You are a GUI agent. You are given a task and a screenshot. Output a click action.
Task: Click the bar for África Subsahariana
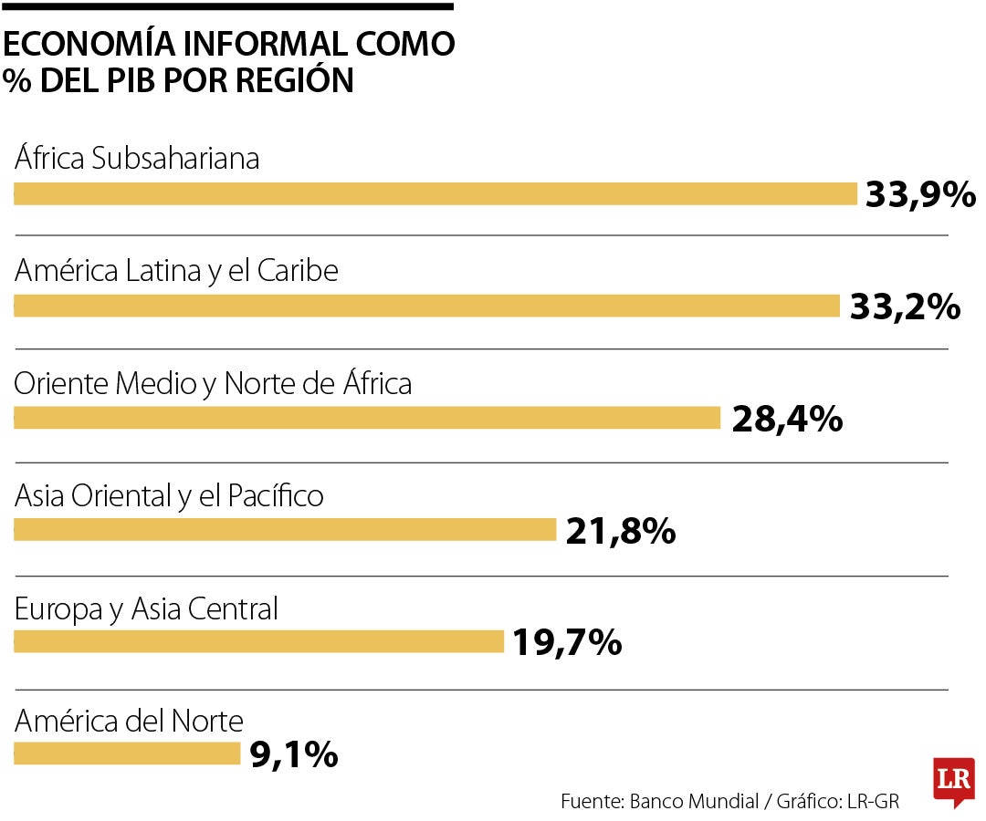[435, 194]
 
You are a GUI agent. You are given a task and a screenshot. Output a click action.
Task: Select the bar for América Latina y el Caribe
[426, 307]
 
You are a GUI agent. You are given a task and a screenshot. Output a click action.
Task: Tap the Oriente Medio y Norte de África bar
[367, 418]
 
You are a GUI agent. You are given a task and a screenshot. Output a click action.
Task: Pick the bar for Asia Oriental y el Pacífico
[285, 530]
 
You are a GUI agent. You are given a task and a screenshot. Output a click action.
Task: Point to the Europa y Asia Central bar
[258, 642]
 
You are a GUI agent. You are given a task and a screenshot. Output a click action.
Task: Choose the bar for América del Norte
[127, 753]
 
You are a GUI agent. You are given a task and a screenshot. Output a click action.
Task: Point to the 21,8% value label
[621, 531]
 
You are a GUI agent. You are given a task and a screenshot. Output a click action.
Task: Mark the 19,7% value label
[567, 643]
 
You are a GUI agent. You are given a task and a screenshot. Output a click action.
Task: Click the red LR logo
[953, 781]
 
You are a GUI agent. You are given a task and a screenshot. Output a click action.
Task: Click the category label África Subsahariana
[137, 159]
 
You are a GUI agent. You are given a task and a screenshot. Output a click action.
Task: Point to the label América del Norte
[129, 722]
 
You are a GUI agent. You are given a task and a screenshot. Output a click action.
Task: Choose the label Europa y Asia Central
[146, 608]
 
